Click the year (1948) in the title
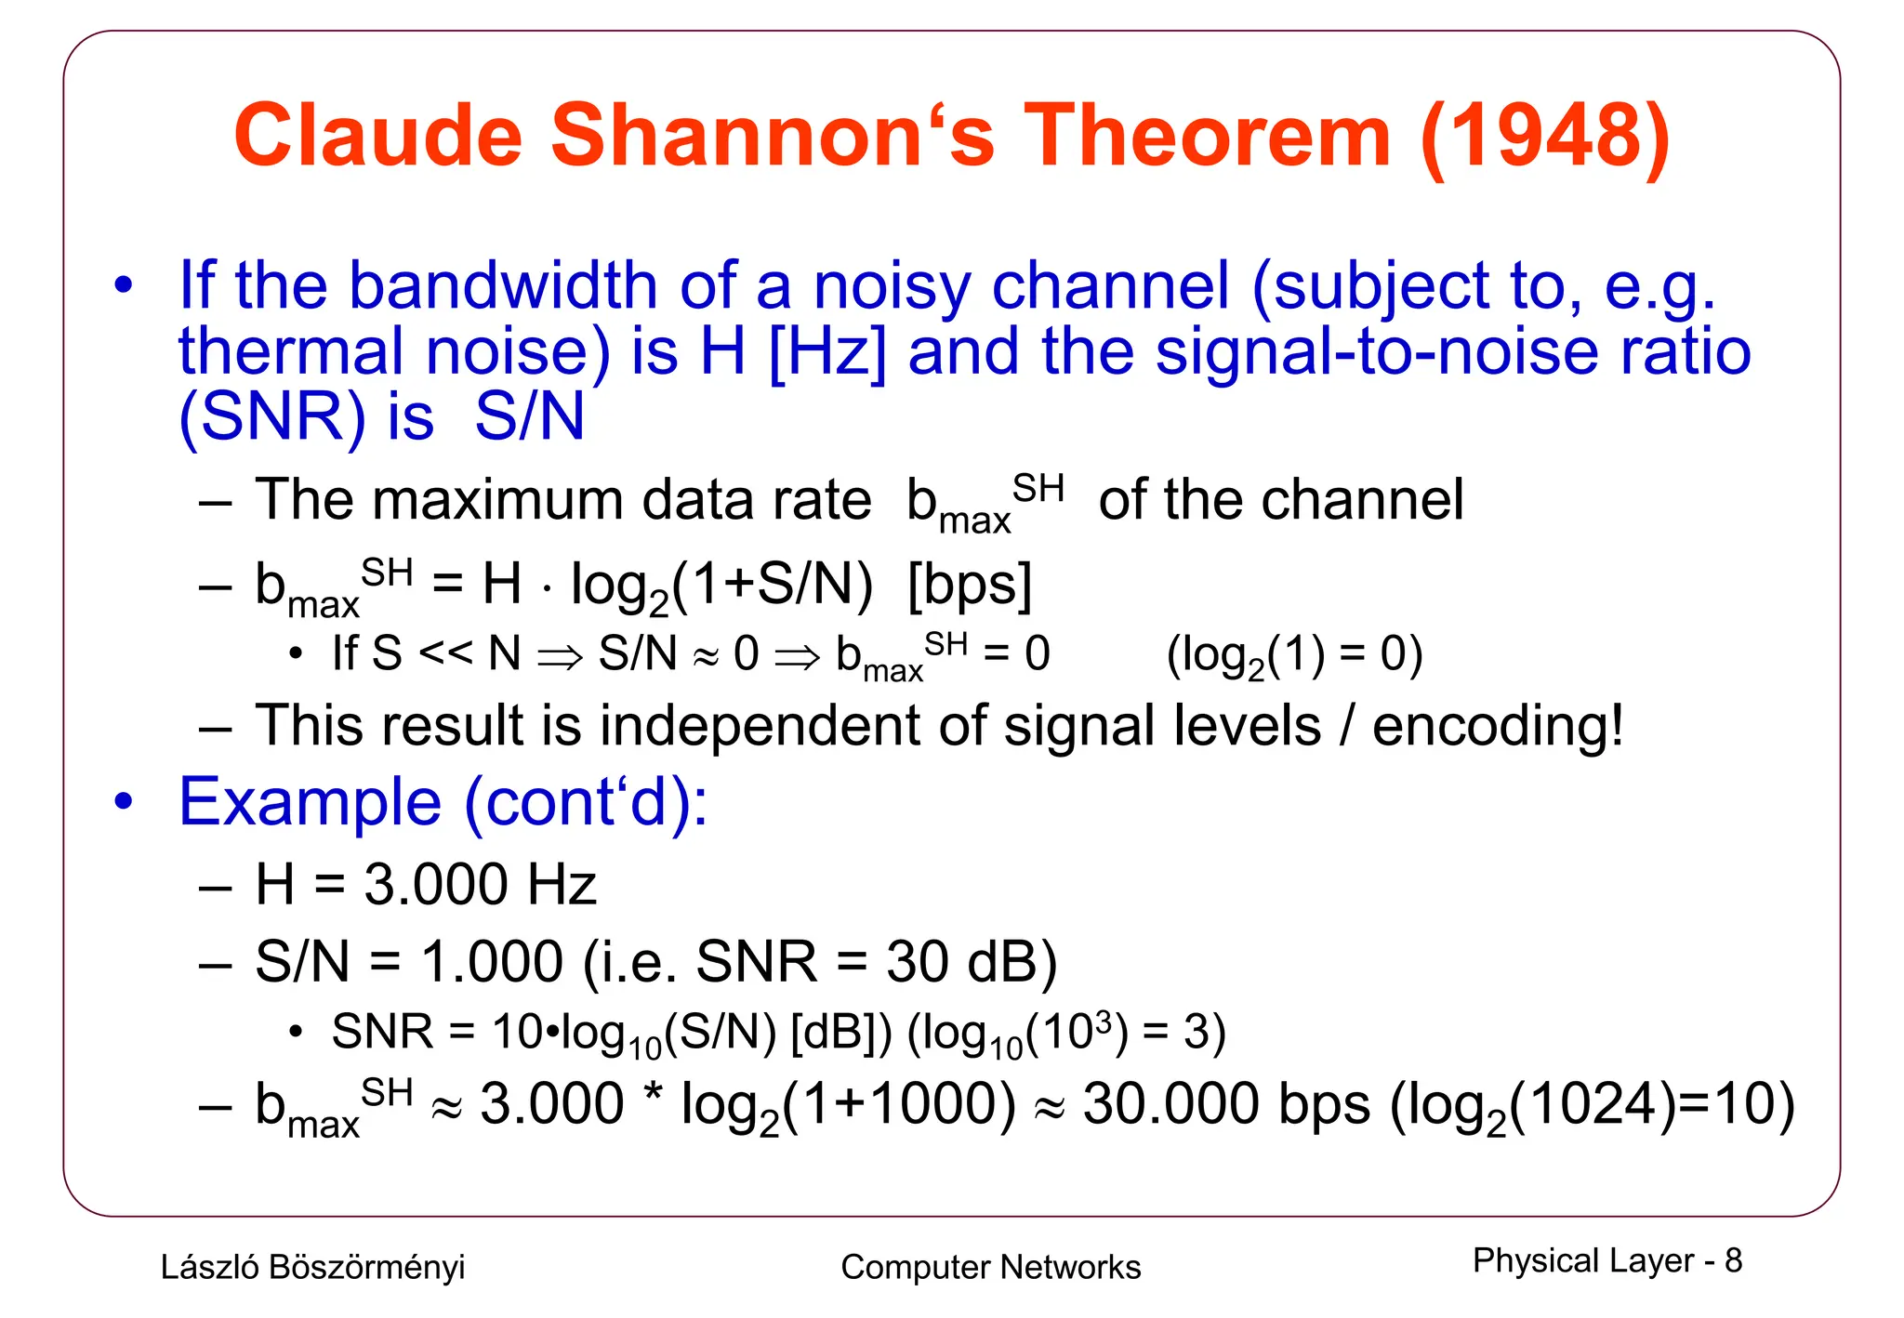coord(1545,137)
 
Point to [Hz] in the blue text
coord(827,352)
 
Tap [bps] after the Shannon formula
coord(970,585)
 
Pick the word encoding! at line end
coord(1498,726)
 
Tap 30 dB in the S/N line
coord(960,961)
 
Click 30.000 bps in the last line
coord(1226,1105)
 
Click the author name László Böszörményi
coord(312,1267)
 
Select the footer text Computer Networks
coord(990,1267)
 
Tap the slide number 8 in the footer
coord(1733,1261)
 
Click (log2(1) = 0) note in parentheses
coord(1294,654)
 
